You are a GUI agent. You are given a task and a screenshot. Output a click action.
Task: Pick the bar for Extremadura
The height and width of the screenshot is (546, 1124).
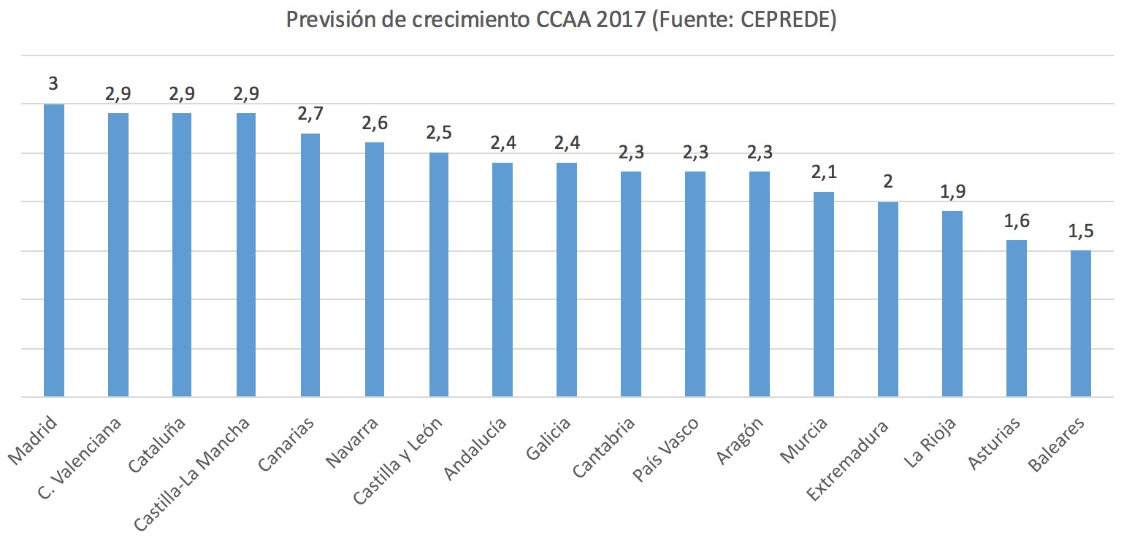888,299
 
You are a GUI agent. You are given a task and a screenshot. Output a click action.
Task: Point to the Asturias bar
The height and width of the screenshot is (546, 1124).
1017,318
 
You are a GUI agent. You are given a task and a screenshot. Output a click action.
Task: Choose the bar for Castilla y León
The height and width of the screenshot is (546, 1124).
439,274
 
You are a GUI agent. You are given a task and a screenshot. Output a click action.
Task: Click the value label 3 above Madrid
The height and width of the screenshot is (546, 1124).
53,83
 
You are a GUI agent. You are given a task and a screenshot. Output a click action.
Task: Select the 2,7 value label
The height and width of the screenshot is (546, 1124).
310,113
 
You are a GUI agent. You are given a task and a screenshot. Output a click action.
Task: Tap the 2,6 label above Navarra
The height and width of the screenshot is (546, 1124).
375,123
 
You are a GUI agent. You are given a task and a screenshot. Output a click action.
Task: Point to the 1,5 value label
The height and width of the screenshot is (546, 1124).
1081,231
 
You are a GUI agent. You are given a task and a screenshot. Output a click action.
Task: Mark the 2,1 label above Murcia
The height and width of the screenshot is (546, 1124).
824,172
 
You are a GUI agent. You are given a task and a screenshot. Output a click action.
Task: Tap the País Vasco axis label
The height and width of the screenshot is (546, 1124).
667,449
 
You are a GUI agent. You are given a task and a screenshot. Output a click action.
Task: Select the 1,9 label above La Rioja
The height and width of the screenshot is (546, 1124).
952,191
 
